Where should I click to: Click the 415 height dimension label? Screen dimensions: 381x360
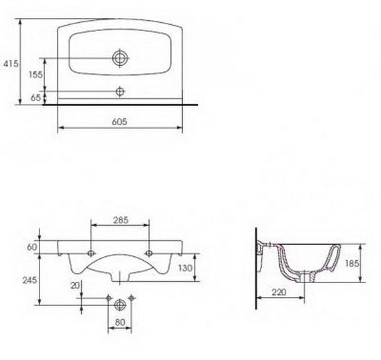point(10,64)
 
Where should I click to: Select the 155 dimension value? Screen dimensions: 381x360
point(35,75)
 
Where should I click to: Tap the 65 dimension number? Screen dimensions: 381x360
point(36,98)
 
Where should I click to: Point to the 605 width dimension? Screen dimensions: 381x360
point(120,121)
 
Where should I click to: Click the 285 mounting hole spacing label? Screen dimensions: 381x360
point(121,220)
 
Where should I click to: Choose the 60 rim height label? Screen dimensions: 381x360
point(32,247)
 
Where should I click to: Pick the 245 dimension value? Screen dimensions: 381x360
point(30,280)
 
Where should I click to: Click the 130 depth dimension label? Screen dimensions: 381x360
point(186,268)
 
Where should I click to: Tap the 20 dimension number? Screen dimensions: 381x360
point(75,285)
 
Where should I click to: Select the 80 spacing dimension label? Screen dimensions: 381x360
point(120,322)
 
